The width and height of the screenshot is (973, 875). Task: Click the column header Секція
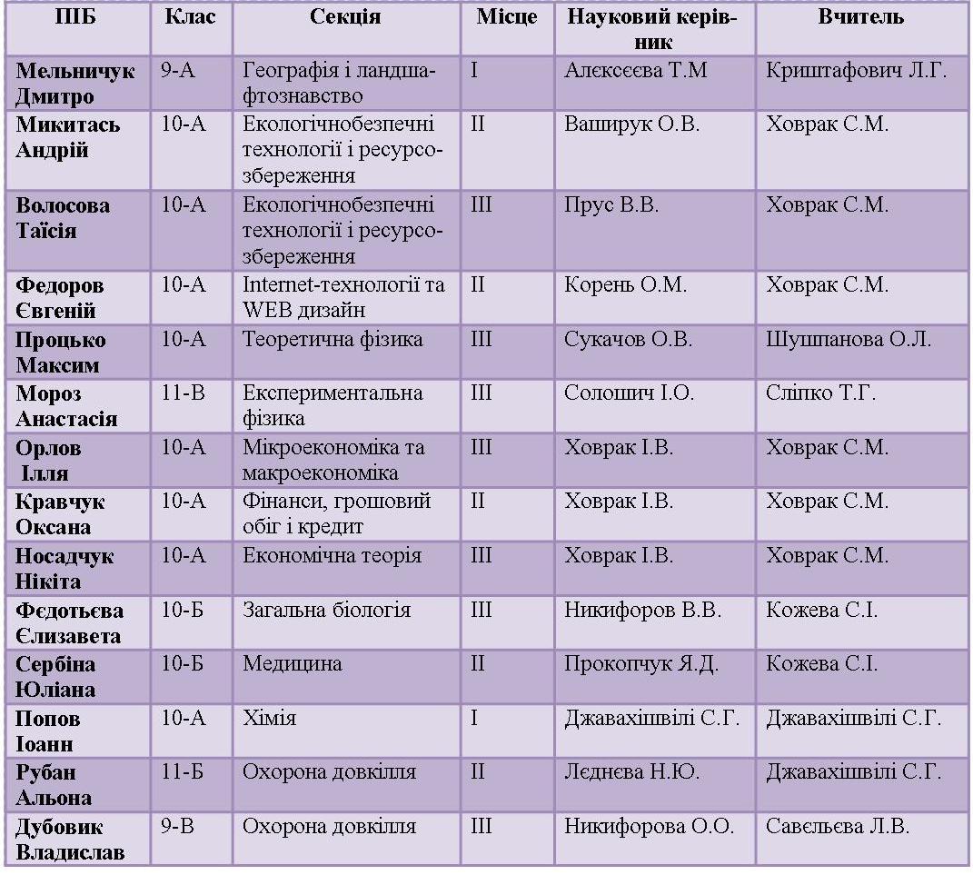(345, 16)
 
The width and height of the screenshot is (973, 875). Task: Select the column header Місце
(506, 16)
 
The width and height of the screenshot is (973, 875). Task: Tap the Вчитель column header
(860, 16)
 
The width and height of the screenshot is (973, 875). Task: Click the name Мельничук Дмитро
(75, 84)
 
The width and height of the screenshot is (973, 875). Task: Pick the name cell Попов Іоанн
(48, 731)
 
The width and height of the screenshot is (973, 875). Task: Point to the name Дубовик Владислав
(70, 839)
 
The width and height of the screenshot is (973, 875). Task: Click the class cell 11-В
(183, 393)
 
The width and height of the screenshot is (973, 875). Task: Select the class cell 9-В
(177, 826)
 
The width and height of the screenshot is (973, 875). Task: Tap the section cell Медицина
(292, 663)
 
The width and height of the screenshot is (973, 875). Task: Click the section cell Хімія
(269, 718)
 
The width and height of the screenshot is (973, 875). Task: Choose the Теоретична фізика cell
(333, 339)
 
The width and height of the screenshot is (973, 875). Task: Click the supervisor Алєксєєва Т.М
(635, 70)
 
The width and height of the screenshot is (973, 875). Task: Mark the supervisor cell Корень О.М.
(625, 284)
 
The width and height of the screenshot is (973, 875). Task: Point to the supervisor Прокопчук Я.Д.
(641, 664)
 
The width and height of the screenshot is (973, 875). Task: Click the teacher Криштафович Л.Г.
(857, 70)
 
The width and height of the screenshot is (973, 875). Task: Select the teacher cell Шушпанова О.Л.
(849, 340)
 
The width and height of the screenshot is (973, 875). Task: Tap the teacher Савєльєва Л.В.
(837, 826)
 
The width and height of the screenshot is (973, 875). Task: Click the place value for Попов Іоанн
(474, 718)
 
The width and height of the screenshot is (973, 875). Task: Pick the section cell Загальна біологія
(326, 610)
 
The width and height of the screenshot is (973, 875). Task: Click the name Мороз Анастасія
(66, 406)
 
